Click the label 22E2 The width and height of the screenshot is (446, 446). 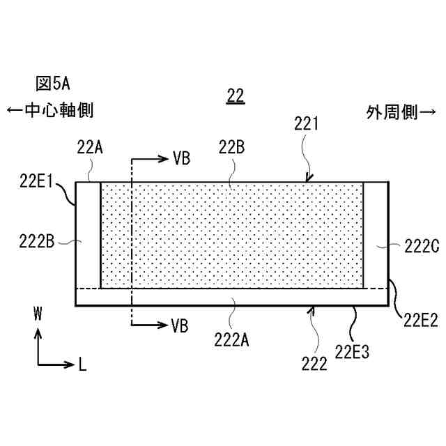tap(420, 320)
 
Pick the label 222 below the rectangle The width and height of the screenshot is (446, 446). tap(314, 364)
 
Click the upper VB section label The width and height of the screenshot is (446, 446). tap(180, 157)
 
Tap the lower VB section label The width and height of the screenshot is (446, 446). tap(180, 325)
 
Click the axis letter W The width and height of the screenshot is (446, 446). tap(38, 314)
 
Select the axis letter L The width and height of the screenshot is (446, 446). tap(82, 364)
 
